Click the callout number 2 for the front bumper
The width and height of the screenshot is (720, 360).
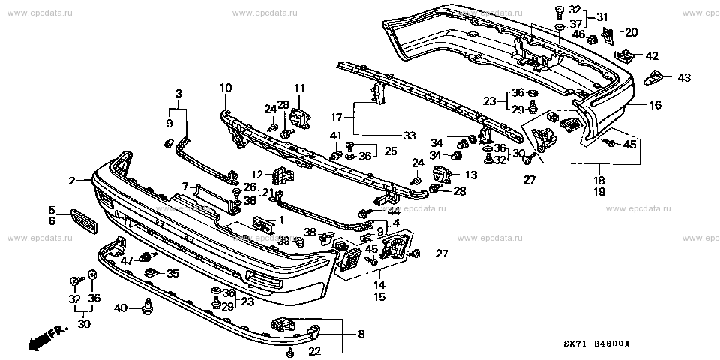[x=71, y=181]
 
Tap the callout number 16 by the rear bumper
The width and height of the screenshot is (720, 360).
[x=655, y=106]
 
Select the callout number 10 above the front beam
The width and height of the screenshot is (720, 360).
[x=226, y=88]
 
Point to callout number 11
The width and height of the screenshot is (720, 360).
[x=299, y=88]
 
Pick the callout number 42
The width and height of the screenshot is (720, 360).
[x=652, y=55]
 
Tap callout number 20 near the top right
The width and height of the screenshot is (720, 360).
[x=631, y=32]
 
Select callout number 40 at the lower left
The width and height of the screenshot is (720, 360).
[x=121, y=307]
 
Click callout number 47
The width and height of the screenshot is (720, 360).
[x=127, y=259]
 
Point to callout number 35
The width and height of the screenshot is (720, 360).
[x=173, y=274]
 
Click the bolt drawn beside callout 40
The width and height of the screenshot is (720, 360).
[x=148, y=305]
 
